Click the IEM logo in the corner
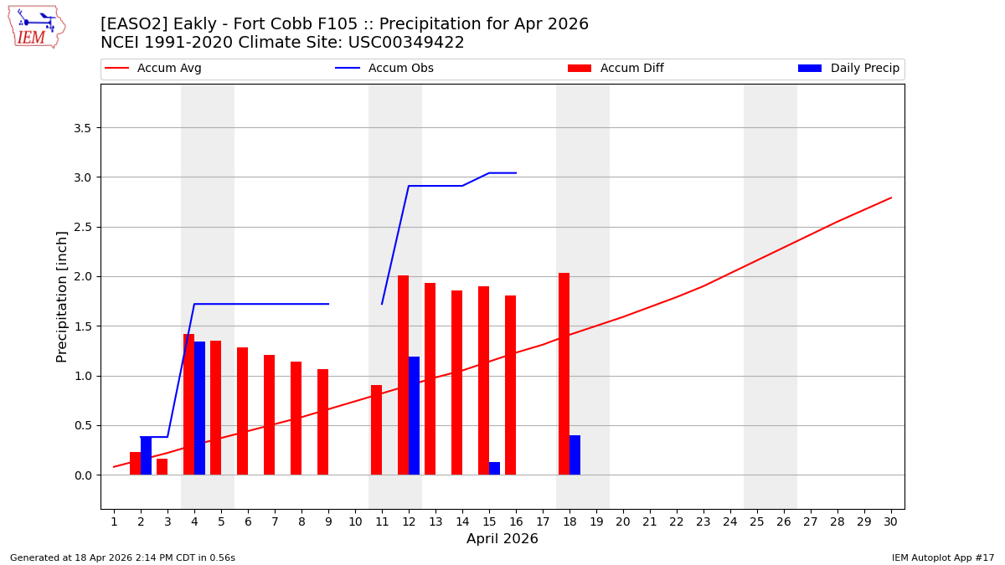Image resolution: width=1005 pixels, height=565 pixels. pos(36,27)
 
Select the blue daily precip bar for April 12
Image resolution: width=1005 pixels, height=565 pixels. pos(414,415)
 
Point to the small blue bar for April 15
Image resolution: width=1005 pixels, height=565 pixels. pos(494,469)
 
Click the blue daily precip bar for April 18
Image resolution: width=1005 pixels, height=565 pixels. pos(575,455)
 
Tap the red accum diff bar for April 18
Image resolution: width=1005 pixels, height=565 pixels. pos(564,373)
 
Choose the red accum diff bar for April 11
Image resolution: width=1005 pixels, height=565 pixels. pos(376,429)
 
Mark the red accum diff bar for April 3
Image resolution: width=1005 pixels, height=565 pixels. pos(162,466)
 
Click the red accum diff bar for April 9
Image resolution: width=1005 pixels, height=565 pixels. pos(322,422)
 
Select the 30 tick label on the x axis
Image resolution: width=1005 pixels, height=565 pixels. pos(891,521)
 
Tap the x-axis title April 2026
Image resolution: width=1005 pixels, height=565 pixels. pos(502,539)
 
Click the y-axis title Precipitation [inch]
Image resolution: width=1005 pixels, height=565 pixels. pos(62,296)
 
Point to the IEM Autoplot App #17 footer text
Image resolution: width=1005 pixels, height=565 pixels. pos(943,557)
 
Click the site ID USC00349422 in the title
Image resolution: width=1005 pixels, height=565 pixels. pos(410,43)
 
